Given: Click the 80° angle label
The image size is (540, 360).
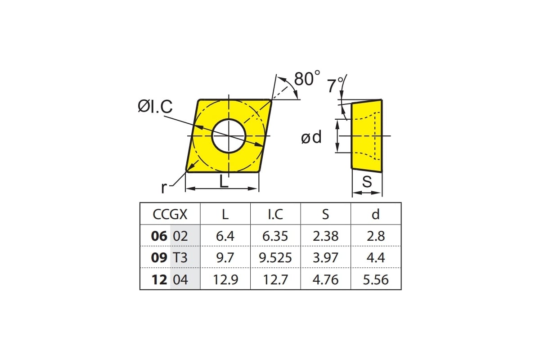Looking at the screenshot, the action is pyautogui.click(x=307, y=78).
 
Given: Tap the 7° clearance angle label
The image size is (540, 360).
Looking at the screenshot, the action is pyautogui.click(x=335, y=85).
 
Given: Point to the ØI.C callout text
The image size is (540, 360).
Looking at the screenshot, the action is pyautogui.click(x=155, y=106).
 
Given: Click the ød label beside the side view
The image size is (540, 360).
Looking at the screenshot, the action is pyautogui.click(x=311, y=137).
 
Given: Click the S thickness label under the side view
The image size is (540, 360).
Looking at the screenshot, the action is pyautogui.click(x=367, y=181).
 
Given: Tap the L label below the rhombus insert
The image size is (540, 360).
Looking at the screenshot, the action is pyautogui.click(x=224, y=181).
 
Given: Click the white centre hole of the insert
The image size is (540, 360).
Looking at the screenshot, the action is pyautogui.click(x=229, y=136).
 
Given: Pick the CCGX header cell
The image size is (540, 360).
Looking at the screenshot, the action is pyautogui.click(x=170, y=214).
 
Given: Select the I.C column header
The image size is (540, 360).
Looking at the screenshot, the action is pyautogui.click(x=275, y=214).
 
